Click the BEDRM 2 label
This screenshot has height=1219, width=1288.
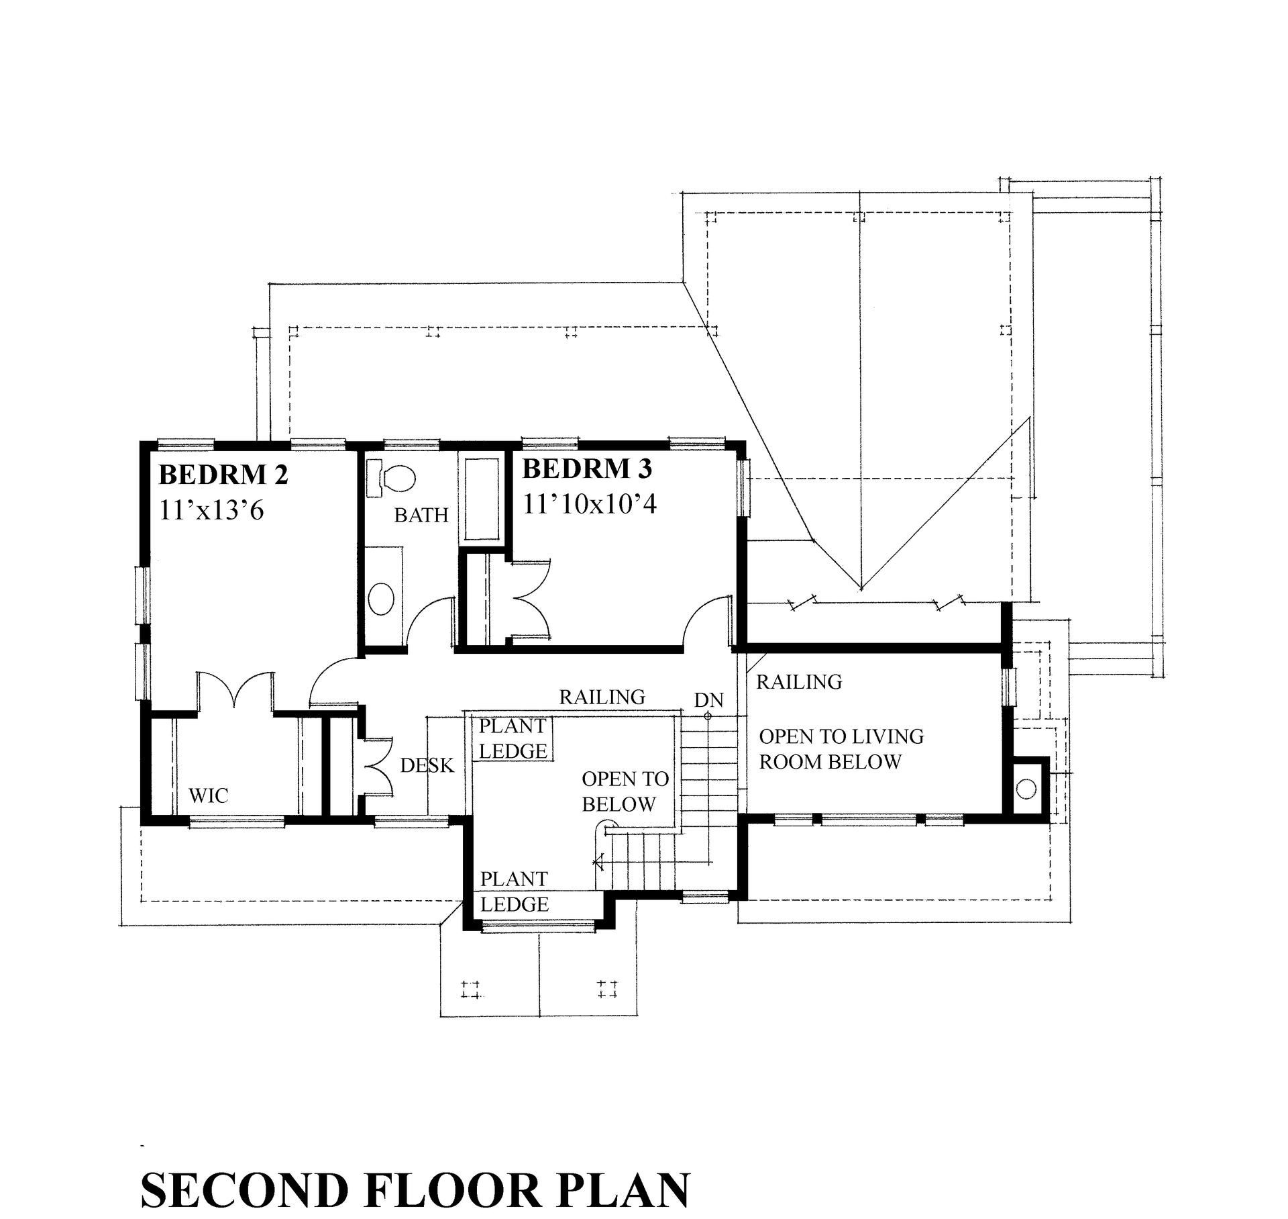[223, 475]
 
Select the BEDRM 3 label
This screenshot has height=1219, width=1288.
[587, 469]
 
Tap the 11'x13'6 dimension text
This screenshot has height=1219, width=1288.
[211, 510]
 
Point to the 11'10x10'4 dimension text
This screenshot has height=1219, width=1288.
[589, 503]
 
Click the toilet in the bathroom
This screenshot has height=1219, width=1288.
[392, 479]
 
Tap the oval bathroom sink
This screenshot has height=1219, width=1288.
[382, 599]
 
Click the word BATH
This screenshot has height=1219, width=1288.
[421, 515]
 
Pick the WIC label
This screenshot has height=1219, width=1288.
[208, 795]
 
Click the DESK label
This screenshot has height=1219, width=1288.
[427, 765]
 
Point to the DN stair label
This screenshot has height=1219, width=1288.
[708, 700]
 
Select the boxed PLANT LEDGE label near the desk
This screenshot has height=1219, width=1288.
[513, 738]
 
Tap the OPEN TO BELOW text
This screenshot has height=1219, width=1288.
[624, 791]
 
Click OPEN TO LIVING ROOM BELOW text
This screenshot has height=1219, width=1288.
[841, 749]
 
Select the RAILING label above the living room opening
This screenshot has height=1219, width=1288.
[798, 682]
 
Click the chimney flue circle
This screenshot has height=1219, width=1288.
[1026, 789]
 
